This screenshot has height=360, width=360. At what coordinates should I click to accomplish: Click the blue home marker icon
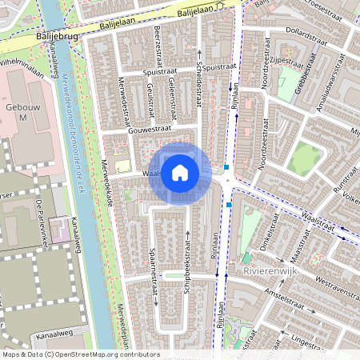(x=180, y=173)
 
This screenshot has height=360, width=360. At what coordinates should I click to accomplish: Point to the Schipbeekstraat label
(x=187, y=267)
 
